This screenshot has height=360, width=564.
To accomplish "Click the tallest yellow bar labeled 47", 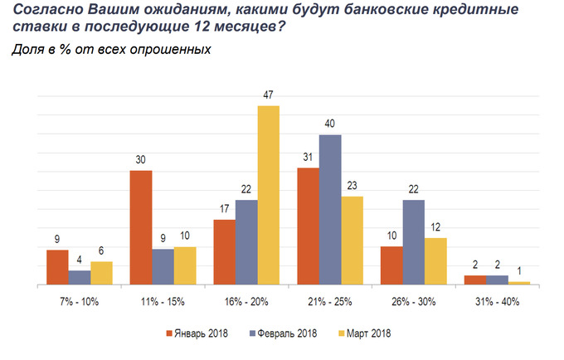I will (x=268, y=195).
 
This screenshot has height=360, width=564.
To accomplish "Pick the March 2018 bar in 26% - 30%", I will (x=435, y=261).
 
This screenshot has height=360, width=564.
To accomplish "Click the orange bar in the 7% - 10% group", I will (x=57, y=267).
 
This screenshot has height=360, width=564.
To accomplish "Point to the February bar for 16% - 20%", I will (x=246, y=242).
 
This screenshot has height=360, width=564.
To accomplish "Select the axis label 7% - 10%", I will (x=80, y=302).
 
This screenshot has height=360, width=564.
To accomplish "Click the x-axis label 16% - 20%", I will (x=246, y=302).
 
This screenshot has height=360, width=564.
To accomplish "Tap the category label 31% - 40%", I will (x=497, y=302).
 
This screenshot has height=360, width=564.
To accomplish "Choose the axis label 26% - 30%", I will (x=413, y=302).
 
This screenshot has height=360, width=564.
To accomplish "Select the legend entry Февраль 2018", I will (x=284, y=334).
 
